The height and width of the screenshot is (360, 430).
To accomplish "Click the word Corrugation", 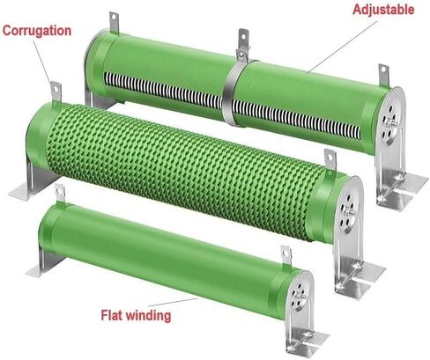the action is point(37,31).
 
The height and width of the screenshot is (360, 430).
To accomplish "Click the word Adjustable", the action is point(383,10).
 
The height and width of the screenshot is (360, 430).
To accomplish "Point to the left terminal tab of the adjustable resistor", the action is point(115,22).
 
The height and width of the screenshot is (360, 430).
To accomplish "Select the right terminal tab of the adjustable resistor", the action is point(383,75).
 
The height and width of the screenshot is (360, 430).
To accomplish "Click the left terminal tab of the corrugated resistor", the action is point(56,92).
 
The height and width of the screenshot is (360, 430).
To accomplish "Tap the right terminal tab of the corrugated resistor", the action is point(330,160).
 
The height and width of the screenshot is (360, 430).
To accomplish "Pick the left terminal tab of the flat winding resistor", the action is point(60,193).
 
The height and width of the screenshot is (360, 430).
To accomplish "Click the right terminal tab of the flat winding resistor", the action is point(286,256).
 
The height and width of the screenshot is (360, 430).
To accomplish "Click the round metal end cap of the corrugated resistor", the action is point(349,209).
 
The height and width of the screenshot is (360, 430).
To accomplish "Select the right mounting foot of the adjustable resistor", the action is point(399,182).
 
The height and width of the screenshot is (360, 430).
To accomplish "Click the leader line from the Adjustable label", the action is point(341,48).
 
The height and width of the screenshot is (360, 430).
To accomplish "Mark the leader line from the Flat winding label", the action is point(173,302).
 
